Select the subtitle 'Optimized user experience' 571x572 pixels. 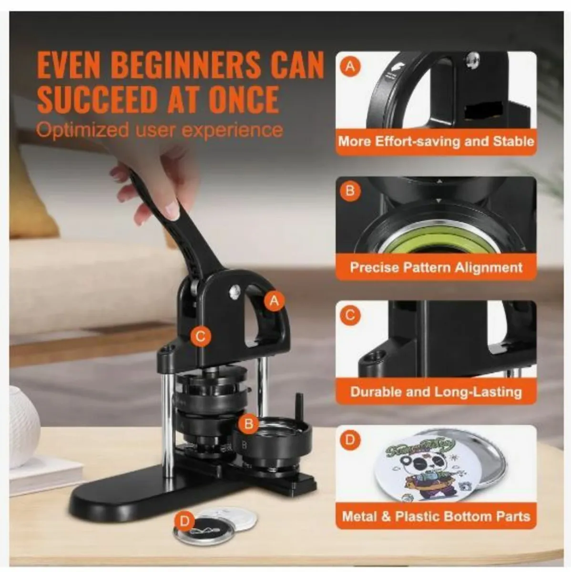point(160,130)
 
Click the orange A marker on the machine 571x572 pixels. point(274,301)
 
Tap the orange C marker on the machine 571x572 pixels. point(201,337)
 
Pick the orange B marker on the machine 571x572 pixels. point(248,423)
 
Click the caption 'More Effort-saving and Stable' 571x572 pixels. point(436,142)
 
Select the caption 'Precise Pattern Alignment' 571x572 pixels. point(436,267)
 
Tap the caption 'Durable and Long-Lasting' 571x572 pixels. point(436,392)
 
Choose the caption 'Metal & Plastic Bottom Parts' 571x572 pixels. point(436,516)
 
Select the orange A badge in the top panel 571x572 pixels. point(351,67)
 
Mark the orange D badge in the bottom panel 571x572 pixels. point(350,439)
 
